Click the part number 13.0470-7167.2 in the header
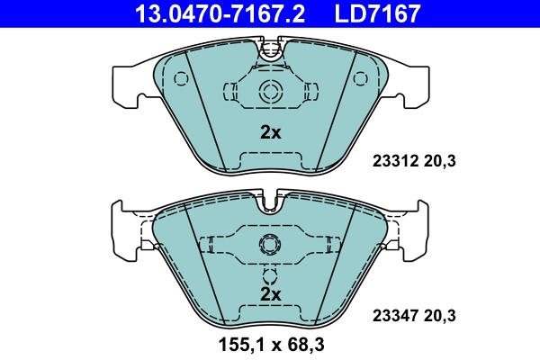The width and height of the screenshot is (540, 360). pyautogui.click(x=210, y=13)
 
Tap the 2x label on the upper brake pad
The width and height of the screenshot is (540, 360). pyautogui.click(x=270, y=132)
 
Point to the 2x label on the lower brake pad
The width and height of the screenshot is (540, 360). pyautogui.click(x=270, y=294)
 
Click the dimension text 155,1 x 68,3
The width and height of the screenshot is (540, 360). pyautogui.click(x=270, y=345)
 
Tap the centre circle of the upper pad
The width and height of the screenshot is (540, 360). pyautogui.click(x=270, y=91)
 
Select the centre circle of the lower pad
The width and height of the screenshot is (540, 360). pyautogui.click(x=270, y=244)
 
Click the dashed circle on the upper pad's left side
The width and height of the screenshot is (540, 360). pyautogui.click(x=181, y=78)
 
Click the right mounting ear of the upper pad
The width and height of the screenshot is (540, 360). pyautogui.click(x=416, y=85)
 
